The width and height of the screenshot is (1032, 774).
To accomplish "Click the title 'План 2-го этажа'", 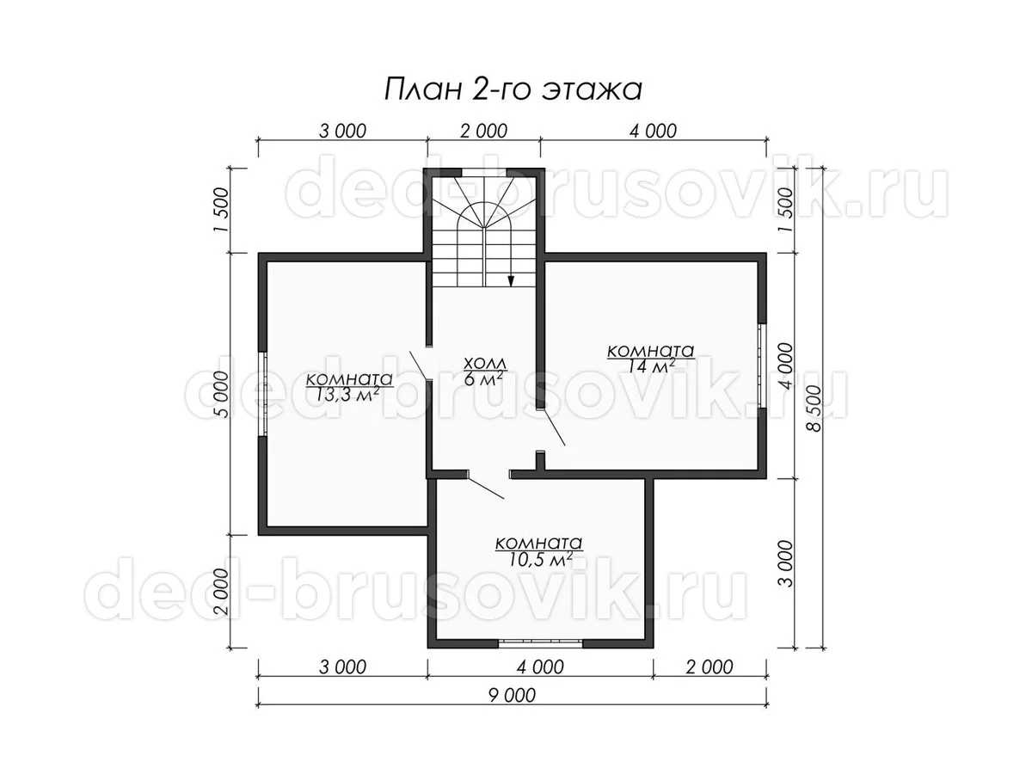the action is pos(513,89).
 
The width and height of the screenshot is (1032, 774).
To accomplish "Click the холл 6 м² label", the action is pos(485,371).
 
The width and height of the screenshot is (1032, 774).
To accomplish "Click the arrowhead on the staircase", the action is pos(511,280).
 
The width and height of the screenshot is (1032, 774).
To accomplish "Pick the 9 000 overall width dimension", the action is pos(512,695).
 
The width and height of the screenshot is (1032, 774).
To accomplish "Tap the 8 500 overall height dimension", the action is pos(813,408).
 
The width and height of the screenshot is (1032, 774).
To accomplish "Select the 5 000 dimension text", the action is pos(221,394).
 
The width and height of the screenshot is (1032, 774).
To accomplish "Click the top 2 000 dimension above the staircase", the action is pos(484,131).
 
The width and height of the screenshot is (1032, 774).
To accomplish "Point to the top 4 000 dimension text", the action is pos(653,131).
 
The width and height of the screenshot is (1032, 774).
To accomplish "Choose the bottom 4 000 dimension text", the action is pos(540,666).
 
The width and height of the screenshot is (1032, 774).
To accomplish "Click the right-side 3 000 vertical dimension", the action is pos(784,563).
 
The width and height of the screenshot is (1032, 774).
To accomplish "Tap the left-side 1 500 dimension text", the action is pos(221,210).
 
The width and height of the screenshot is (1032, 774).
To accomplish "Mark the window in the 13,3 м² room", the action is pos(263,394).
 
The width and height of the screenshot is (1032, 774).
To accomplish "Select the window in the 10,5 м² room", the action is pos(540,643).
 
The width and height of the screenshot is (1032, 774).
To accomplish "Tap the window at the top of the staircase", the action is pos(484,172).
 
